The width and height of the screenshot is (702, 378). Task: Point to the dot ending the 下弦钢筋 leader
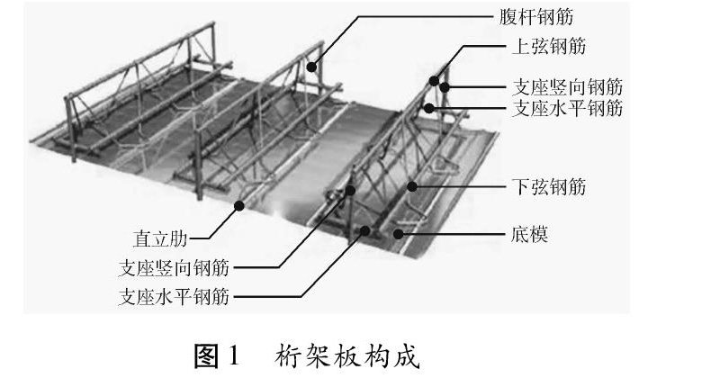click(412, 187)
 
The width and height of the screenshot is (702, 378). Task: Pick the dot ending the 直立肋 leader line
click(240, 205)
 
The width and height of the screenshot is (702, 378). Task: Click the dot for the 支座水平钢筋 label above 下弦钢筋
click(431, 109)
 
